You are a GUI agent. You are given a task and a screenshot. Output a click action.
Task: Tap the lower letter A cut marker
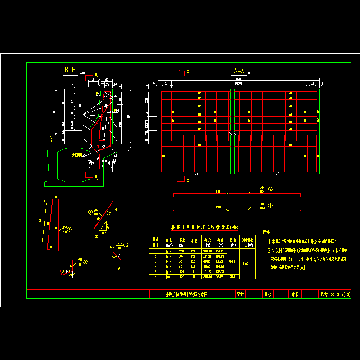(96, 177)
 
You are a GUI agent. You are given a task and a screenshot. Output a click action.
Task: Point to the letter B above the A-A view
(188, 71)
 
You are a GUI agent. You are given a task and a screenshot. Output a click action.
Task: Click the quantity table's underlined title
(201, 228)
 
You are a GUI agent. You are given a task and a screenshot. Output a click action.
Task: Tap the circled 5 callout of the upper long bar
(270, 190)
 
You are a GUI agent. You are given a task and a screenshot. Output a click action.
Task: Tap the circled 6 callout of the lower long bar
(270, 206)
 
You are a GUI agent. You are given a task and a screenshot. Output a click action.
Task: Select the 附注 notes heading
(267, 233)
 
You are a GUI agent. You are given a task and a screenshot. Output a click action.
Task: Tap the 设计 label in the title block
(240, 294)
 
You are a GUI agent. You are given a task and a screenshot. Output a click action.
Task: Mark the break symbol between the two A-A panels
(232, 134)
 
